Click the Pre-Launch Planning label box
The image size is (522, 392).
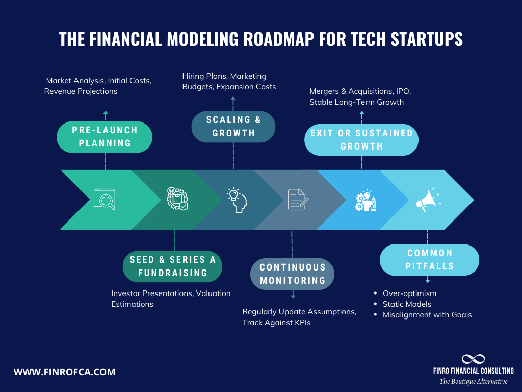tap(105, 137)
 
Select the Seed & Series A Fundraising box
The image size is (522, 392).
tap(172, 266)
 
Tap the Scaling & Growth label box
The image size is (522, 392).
tap(233, 127)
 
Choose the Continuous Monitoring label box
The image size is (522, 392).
tap(292, 274)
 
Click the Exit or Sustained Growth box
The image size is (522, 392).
tap(361, 140)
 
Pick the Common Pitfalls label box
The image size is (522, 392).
tap(429, 260)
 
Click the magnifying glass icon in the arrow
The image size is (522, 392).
tap(105, 199)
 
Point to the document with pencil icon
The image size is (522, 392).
tap(297, 200)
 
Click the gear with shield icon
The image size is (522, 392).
tap(174, 199)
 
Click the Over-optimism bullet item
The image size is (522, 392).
tap(410, 293)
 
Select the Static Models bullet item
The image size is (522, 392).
tap(407, 304)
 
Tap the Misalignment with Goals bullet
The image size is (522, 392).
tap(427, 315)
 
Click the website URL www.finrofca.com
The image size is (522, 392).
tap(64, 372)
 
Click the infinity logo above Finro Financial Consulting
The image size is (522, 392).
tap(473, 359)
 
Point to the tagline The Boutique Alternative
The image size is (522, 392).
tap(474, 381)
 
